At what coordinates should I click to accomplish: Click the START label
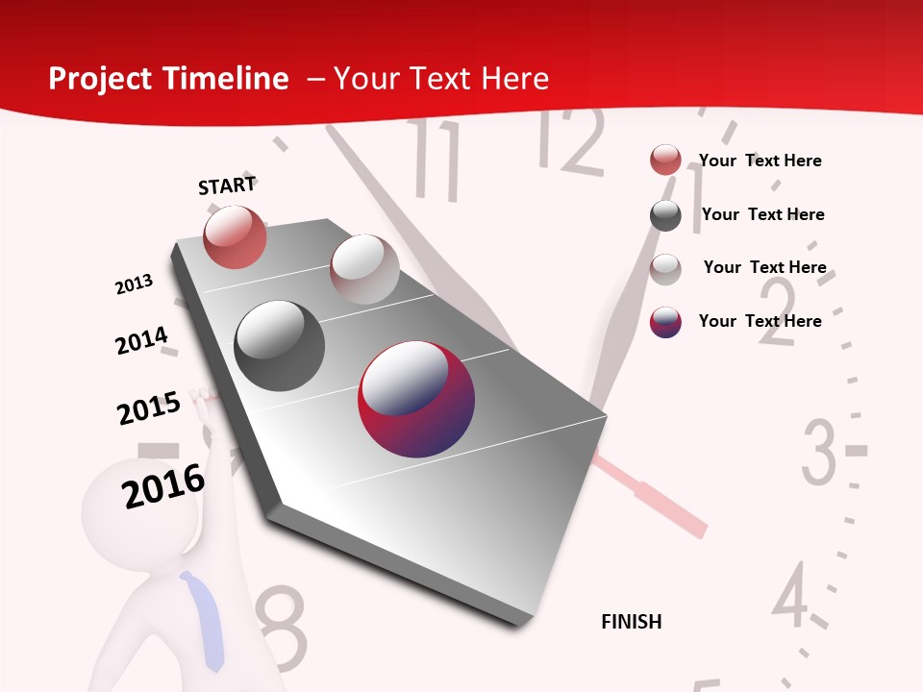click(x=227, y=185)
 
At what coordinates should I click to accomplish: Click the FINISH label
click(x=632, y=622)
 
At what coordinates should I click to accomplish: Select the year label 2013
click(x=134, y=284)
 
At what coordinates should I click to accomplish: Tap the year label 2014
click(x=141, y=340)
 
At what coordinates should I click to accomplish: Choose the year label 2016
click(x=163, y=486)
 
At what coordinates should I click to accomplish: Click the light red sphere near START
click(x=236, y=236)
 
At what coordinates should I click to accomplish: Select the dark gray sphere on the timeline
click(x=279, y=346)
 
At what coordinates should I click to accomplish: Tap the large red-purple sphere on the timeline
click(x=416, y=399)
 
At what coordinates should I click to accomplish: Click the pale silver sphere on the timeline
click(x=363, y=269)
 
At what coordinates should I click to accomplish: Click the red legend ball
click(x=665, y=161)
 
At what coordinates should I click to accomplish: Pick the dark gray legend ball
click(x=665, y=215)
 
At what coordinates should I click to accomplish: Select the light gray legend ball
click(x=665, y=268)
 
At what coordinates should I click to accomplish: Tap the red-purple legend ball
click(x=665, y=322)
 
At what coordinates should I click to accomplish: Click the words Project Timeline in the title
click(x=168, y=79)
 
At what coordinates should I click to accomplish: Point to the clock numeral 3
click(x=819, y=451)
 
